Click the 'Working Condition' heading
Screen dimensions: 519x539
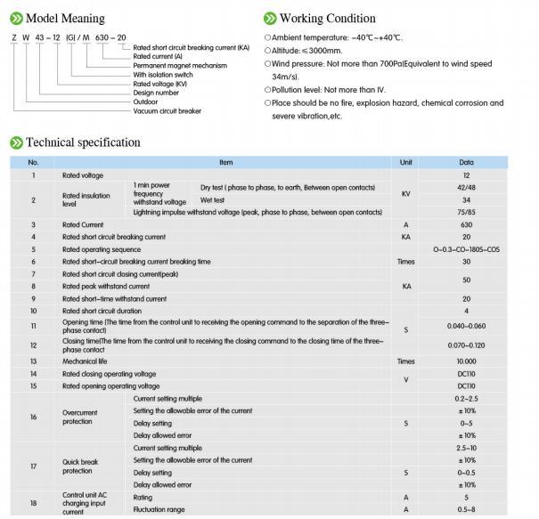pyautogui.click(x=327, y=18)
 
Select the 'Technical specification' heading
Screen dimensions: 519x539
pyautogui.click(x=82, y=142)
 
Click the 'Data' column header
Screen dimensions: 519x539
pyautogui.click(x=466, y=163)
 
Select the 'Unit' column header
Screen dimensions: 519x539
pyautogui.click(x=405, y=163)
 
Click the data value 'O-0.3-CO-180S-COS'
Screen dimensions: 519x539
pyautogui.click(x=466, y=250)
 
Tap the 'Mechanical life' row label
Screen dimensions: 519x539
pyautogui.click(x=90, y=361)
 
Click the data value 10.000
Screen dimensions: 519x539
pyautogui.click(x=466, y=361)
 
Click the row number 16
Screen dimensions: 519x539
pyautogui.click(x=34, y=417)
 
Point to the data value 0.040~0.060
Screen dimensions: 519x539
pyautogui.click(x=466, y=328)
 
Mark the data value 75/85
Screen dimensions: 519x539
pyautogui.click(x=466, y=213)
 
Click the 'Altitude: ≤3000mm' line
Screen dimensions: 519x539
pyautogui.click(x=314, y=51)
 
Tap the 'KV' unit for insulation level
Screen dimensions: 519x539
pyautogui.click(x=405, y=194)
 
